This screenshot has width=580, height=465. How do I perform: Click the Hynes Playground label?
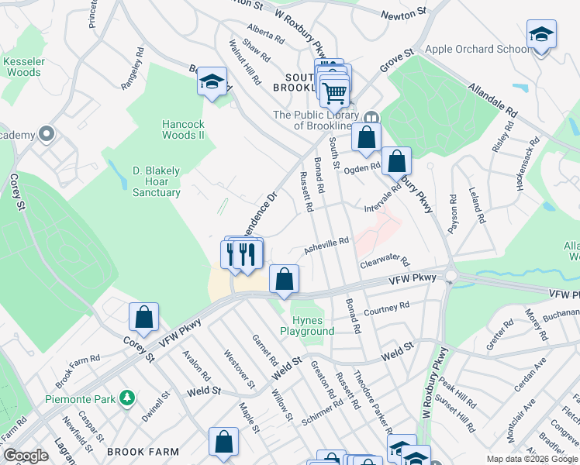point(312,325)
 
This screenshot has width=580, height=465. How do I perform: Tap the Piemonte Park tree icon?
point(128,398)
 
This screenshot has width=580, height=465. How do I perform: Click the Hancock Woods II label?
point(182,129)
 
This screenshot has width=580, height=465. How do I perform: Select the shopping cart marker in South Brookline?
point(334,92)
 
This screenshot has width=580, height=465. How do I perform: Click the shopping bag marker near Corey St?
point(143,317)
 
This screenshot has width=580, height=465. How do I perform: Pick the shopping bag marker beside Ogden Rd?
point(396,162)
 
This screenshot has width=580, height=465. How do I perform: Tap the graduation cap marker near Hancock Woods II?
point(212,81)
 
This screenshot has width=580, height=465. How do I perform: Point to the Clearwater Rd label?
point(383,263)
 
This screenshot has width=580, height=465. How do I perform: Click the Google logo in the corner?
point(26,455)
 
